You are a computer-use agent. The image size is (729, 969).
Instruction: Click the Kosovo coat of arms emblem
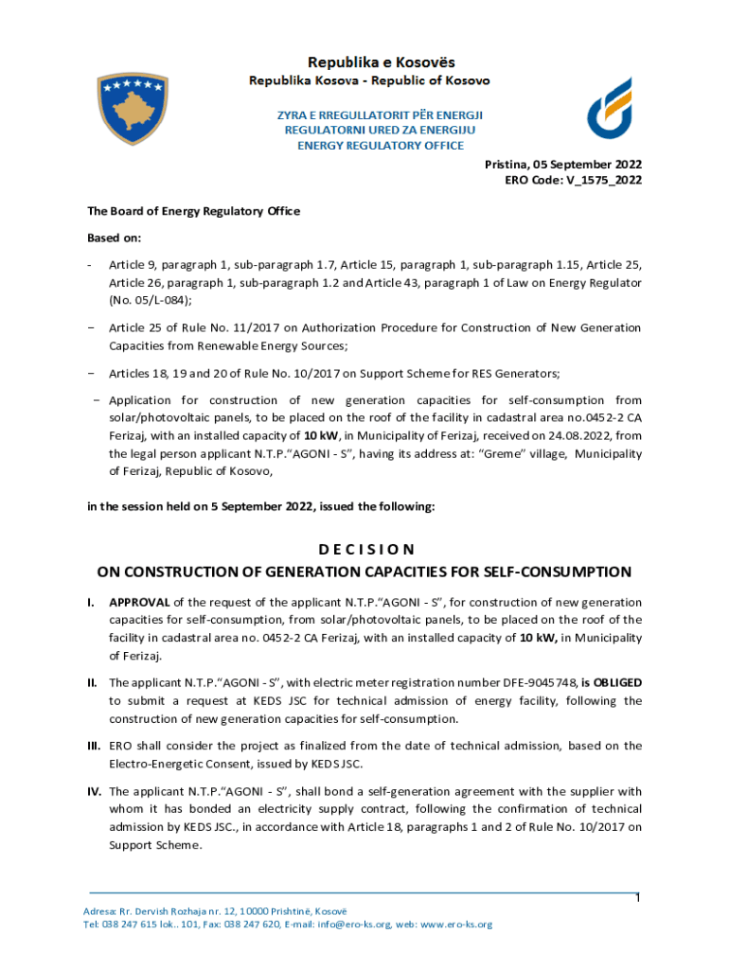click(133, 107)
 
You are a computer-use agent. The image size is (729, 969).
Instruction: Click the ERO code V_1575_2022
click(593, 181)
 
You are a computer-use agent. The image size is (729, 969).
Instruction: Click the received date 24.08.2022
click(586, 436)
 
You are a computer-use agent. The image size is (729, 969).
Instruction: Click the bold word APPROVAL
click(139, 603)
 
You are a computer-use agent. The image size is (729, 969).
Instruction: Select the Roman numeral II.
click(92, 682)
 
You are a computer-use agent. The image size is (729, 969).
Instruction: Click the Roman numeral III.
click(94, 746)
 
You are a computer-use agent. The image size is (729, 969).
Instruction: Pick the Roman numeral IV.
click(94, 791)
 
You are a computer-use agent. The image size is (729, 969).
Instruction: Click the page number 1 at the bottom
click(637, 898)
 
